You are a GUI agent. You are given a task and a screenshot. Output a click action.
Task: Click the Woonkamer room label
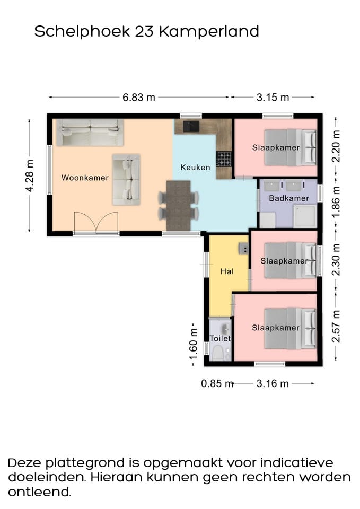pos(85,178)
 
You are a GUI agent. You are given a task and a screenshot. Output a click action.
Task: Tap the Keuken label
pos(195,167)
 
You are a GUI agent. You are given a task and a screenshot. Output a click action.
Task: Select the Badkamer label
pos(288,198)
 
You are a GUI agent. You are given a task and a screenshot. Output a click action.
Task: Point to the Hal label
pos(227,271)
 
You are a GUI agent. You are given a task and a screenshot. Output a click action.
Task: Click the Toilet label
pos(220,338)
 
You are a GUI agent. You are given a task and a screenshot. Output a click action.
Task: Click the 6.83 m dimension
pos(138,97)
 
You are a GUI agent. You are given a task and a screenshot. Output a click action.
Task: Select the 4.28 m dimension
pos(29,175)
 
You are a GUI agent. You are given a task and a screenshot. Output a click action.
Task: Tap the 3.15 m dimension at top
pos(273,97)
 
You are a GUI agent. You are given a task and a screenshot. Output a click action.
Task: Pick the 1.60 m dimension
pos(194,344)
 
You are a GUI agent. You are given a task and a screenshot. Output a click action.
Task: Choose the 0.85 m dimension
pos(217,383)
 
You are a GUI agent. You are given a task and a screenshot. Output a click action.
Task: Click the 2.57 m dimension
pos(336,326)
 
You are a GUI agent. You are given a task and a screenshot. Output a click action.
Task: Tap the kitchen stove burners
pos(224,159)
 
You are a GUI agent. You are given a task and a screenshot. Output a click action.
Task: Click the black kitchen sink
pos(191,126)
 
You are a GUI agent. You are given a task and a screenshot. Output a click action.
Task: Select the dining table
pos(178,206)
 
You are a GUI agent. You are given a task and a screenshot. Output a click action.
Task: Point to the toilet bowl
pos(217,353)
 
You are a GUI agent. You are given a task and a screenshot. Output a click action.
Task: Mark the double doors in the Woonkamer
pos(96,223)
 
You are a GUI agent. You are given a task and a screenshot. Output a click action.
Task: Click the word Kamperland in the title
pos(209,31)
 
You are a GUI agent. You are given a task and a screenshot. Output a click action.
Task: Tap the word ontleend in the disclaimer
pos(39,492)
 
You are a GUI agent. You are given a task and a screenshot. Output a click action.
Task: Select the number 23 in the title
pos(144,31)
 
